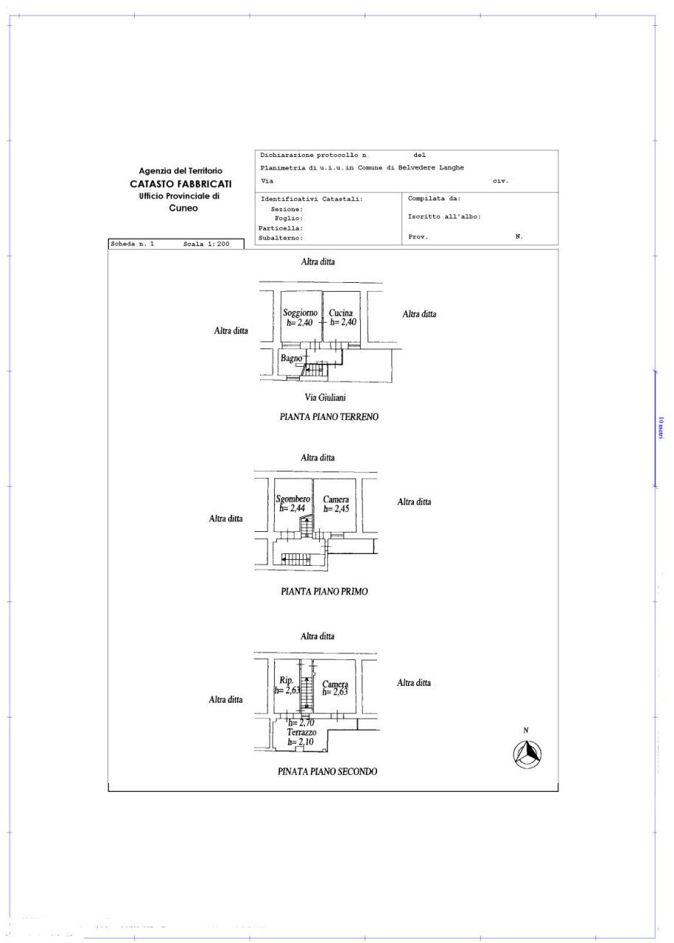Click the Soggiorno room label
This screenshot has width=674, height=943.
[301, 312]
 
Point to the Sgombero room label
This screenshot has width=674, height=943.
[292, 499]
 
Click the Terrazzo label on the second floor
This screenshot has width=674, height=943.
[302, 732]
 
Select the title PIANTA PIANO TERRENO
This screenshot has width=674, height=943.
[329, 417]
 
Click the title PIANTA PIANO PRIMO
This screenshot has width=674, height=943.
[324, 591]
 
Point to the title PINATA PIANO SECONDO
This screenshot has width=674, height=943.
[328, 771]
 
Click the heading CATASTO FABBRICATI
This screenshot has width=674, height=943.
[180, 183]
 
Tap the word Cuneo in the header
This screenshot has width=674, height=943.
[183, 208]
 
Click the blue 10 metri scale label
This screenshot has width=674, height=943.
[661, 428]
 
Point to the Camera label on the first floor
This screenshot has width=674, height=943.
[336, 499]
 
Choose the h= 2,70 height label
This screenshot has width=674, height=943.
[302, 723]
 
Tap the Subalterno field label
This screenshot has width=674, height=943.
[281, 238]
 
